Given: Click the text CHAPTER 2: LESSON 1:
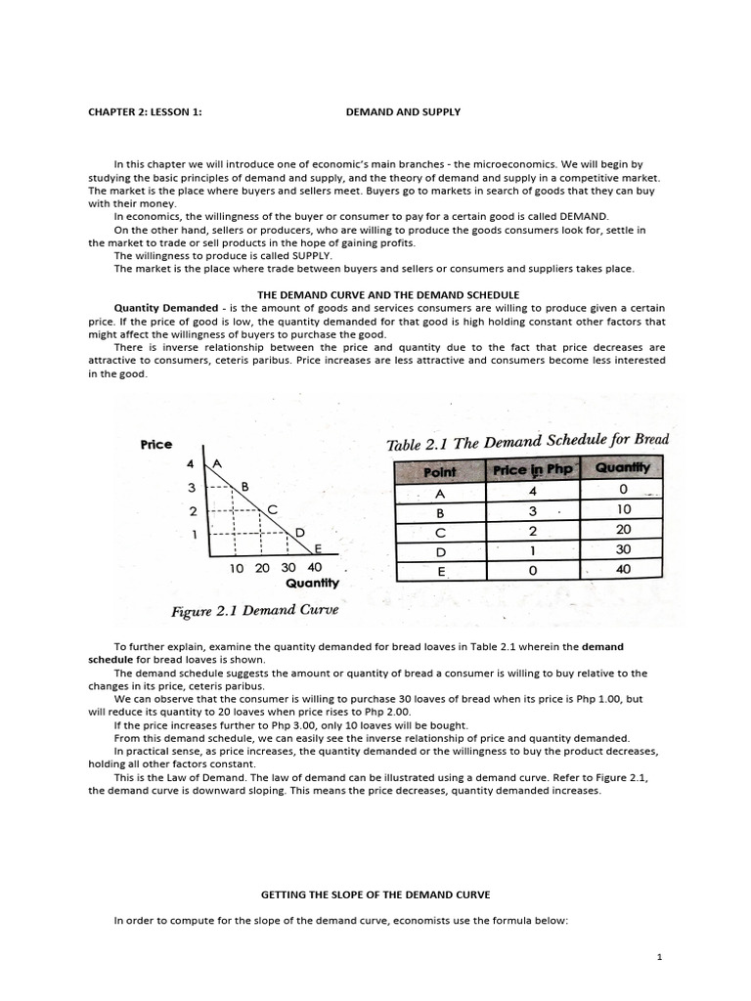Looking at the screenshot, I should [x=145, y=112].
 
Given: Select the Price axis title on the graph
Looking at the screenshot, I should [x=156, y=444].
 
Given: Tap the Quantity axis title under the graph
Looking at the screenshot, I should [x=312, y=584].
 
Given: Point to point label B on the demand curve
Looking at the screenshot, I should [x=244, y=486].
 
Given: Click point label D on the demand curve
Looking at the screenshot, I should [x=300, y=532].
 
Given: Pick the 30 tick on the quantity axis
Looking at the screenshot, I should [x=288, y=567].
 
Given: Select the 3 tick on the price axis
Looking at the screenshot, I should [x=193, y=487].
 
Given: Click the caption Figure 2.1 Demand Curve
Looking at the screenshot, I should [x=254, y=612].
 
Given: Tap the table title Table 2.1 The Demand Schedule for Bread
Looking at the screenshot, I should [x=528, y=442].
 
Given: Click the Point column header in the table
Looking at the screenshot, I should [x=440, y=470].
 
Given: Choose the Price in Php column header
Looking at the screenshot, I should [x=532, y=470].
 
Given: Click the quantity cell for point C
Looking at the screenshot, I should [x=623, y=529].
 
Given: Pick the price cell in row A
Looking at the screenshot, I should [x=532, y=492].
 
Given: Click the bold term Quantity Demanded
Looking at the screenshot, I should [x=166, y=308].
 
